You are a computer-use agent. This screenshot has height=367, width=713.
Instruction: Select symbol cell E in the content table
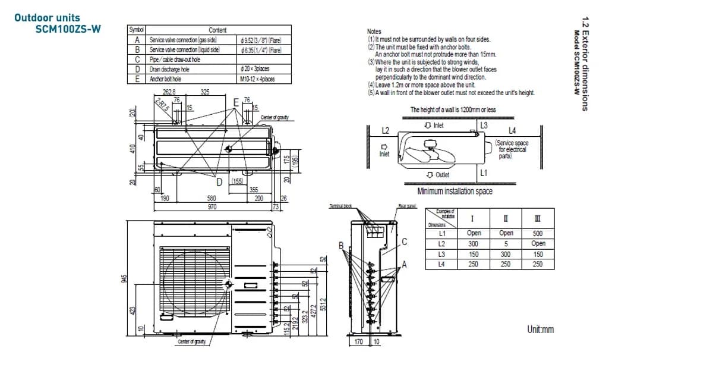137,79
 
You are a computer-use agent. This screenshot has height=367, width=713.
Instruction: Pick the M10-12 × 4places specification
257,79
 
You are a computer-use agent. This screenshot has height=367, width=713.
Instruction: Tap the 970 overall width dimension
212,207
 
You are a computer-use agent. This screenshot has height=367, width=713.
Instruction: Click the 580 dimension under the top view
212,199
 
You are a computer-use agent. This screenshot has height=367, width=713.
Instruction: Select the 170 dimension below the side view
359,342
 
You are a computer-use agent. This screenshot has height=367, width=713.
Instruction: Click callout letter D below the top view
219,181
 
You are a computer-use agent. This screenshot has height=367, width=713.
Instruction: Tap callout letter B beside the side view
341,246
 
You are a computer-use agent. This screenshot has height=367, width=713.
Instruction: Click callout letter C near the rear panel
404,241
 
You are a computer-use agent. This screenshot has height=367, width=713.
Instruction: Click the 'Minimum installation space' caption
455,192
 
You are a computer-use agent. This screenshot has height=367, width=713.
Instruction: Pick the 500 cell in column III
538,234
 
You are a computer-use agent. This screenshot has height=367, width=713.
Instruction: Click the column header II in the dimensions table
506,218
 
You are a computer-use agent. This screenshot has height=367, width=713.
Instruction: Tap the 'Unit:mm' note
540,329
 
